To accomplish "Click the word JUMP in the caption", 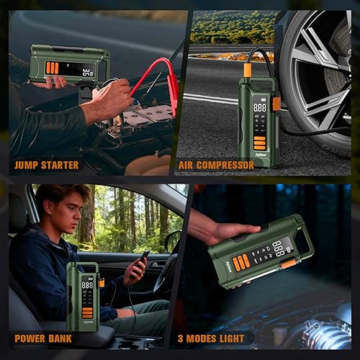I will [x=27, y=165].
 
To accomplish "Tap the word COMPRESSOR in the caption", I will [x=228, y=165].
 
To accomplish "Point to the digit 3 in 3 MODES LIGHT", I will [x=198, y=338].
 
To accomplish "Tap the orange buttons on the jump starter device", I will [x=52, y=67].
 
